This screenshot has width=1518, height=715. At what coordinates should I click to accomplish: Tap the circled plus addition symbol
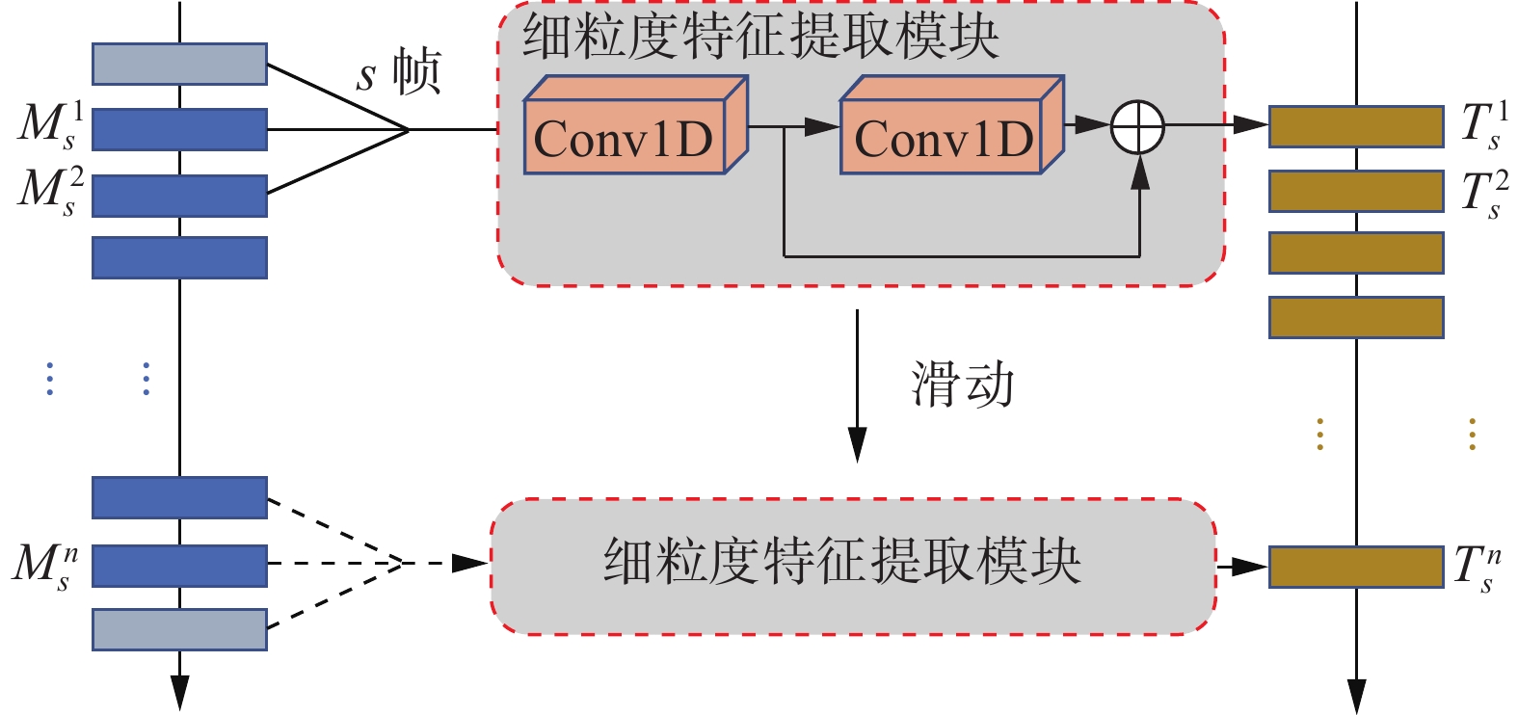click(1137, 126)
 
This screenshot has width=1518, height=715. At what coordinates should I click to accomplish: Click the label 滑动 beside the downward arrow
click(962, 384)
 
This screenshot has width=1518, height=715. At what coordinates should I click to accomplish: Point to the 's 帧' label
click(398, 72)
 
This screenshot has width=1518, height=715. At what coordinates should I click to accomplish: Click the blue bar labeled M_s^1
click(179, 129)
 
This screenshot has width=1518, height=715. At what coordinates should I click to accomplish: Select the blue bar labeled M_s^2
click(179, 196)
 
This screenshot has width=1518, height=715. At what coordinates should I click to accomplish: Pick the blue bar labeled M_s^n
click(179, 566)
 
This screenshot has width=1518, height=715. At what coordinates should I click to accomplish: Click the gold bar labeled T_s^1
click(1355, 126)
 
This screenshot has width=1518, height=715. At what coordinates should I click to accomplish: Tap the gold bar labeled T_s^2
click(1355, 191)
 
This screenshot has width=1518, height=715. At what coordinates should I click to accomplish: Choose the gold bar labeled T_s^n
click(1355, 567)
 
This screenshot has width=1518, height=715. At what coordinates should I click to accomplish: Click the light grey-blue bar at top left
click(179, 64)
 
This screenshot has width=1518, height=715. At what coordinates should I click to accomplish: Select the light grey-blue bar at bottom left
click(179, 629)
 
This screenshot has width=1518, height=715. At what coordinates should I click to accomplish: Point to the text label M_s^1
click(50, 125)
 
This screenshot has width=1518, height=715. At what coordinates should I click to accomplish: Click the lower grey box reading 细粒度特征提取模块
click(853, 566)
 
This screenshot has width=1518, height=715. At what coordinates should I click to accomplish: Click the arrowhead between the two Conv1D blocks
click(824, 126)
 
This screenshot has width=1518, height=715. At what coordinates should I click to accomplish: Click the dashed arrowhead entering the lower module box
click(471, 563)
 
